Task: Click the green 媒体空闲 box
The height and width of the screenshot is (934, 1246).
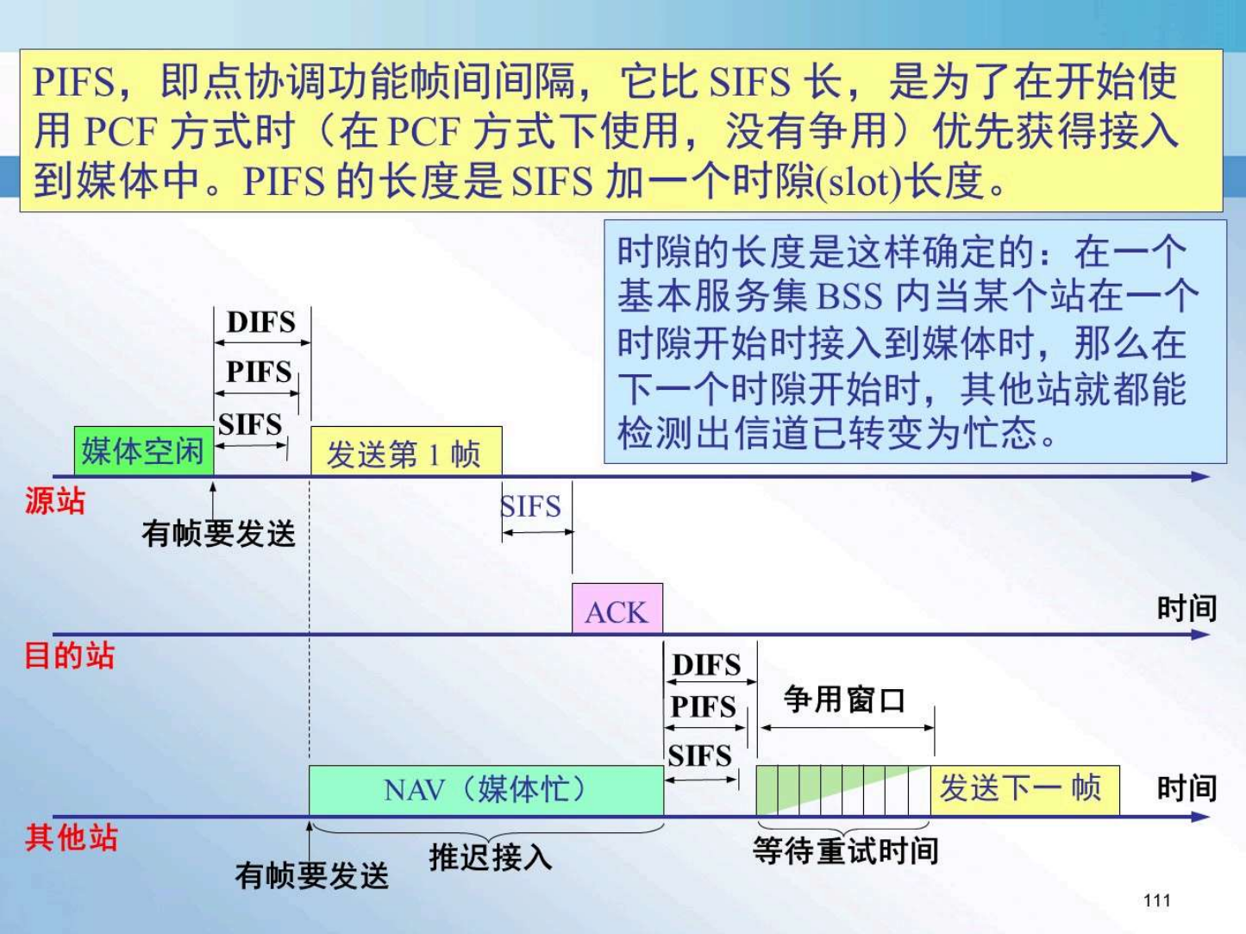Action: [144, 451]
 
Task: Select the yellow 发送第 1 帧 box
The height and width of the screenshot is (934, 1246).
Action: [406, 451]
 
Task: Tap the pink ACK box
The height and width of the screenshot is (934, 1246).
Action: [617, 608]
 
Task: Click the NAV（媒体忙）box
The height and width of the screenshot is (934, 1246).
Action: [486, 790]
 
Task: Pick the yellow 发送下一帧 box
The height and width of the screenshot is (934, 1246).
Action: [1025, 790]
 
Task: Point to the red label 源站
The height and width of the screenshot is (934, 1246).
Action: [55, 501]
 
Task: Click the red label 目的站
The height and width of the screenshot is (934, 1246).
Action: [69, 655]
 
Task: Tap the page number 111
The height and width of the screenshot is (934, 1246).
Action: [1157, 900]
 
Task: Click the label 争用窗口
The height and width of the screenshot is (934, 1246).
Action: [844, 699]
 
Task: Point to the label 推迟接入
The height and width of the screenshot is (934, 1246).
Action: [491, 856]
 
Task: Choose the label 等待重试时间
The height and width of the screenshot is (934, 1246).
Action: [845, 851]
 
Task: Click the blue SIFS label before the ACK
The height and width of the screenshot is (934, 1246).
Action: [531, 506]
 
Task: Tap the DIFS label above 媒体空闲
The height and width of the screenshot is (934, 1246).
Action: [261, 323]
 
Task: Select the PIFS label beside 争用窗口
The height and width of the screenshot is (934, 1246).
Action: [704, 707]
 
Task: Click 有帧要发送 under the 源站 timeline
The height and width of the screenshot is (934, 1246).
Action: [218, 535]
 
